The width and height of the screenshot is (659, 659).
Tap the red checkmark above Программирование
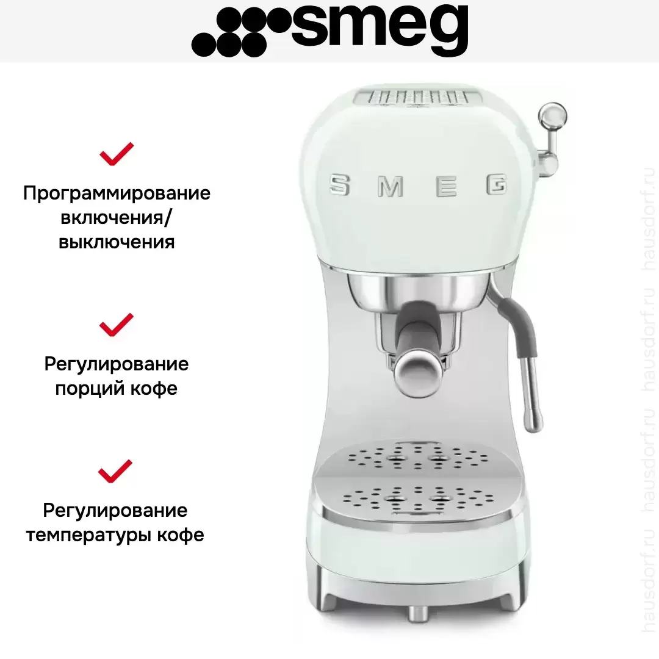(x=117, y=154)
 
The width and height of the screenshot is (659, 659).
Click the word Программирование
(x=117, y=194)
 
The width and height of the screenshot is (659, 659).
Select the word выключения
(x=117, y=242)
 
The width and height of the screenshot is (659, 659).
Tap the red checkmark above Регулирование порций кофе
(x=117, y=325)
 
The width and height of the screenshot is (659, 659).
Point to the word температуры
(x=88, y=536)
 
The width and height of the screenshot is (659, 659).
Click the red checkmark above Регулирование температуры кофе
(x=115, y=471)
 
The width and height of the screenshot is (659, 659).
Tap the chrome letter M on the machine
(x=391, y=186)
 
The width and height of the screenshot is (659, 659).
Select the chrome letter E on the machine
(x=446, y=185)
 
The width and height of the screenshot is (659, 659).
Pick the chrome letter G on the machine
(x=496, y=184)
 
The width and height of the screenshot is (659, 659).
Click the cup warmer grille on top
(x=418, y=98)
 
